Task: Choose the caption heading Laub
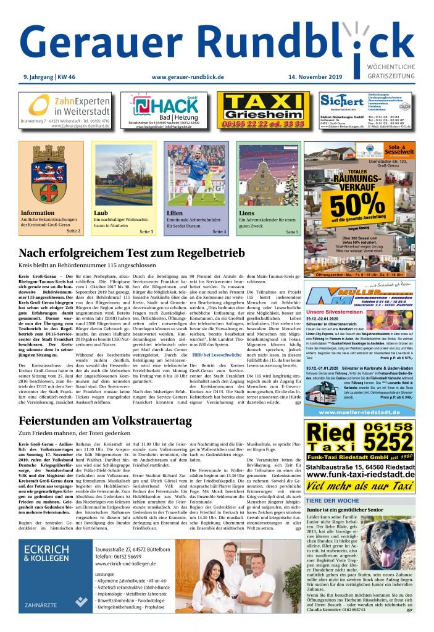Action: click(100, 213)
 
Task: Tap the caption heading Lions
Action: click(246, 213)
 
